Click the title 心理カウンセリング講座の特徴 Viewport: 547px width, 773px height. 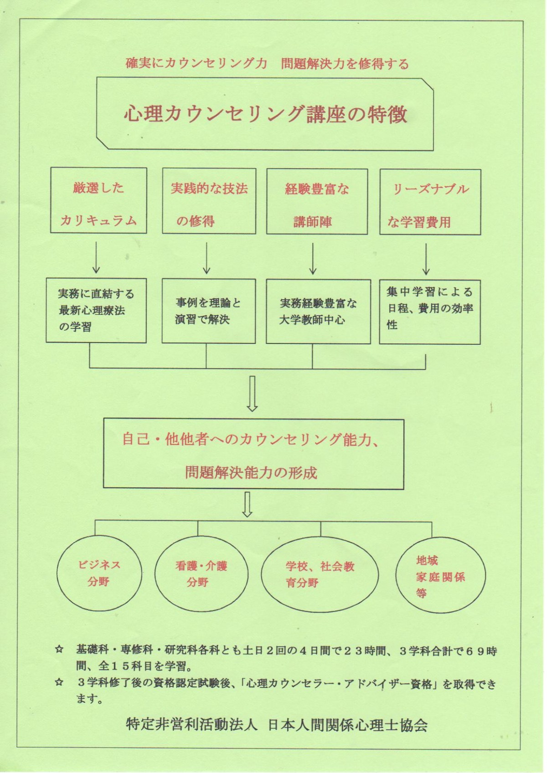265,114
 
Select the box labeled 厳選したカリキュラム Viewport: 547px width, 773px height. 98,200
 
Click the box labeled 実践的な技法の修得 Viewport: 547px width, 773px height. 209,201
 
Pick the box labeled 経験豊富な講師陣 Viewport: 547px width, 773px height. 317,202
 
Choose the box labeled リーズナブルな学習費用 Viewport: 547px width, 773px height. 430,202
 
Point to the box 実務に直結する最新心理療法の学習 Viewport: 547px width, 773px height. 96,310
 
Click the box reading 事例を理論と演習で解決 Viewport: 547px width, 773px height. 208,311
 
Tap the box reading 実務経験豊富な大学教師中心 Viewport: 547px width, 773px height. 318,312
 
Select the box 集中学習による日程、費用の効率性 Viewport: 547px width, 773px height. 429,312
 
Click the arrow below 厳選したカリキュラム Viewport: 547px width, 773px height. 97,257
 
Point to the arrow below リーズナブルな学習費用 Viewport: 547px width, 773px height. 426,259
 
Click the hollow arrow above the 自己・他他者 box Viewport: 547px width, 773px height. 252,393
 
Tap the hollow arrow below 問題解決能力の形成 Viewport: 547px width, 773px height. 248,504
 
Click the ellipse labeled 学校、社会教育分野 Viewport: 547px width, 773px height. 320,574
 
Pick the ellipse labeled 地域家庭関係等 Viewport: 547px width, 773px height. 440,576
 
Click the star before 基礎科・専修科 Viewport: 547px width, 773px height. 59,650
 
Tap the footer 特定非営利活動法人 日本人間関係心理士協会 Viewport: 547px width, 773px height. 277,724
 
